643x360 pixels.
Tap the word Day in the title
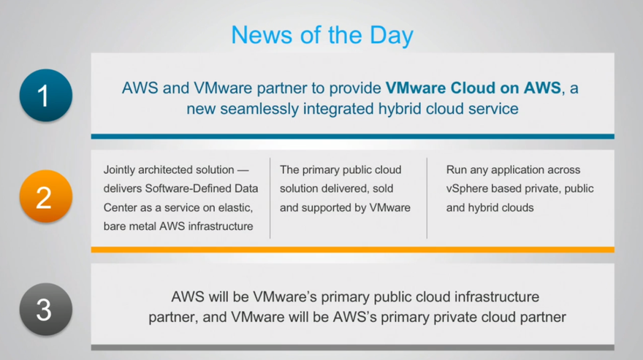click(392, 36)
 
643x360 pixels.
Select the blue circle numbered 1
click(46, 95)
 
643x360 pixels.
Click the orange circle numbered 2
click(46, 196)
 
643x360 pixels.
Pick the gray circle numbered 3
click(46, 309)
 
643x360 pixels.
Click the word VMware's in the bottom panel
click(285, 297)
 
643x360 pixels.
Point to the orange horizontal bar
click(353, 250)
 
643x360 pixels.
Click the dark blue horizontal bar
click(353, 137)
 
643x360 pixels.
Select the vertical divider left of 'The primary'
click(270, 198)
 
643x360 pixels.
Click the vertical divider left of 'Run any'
click(427, 198)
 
